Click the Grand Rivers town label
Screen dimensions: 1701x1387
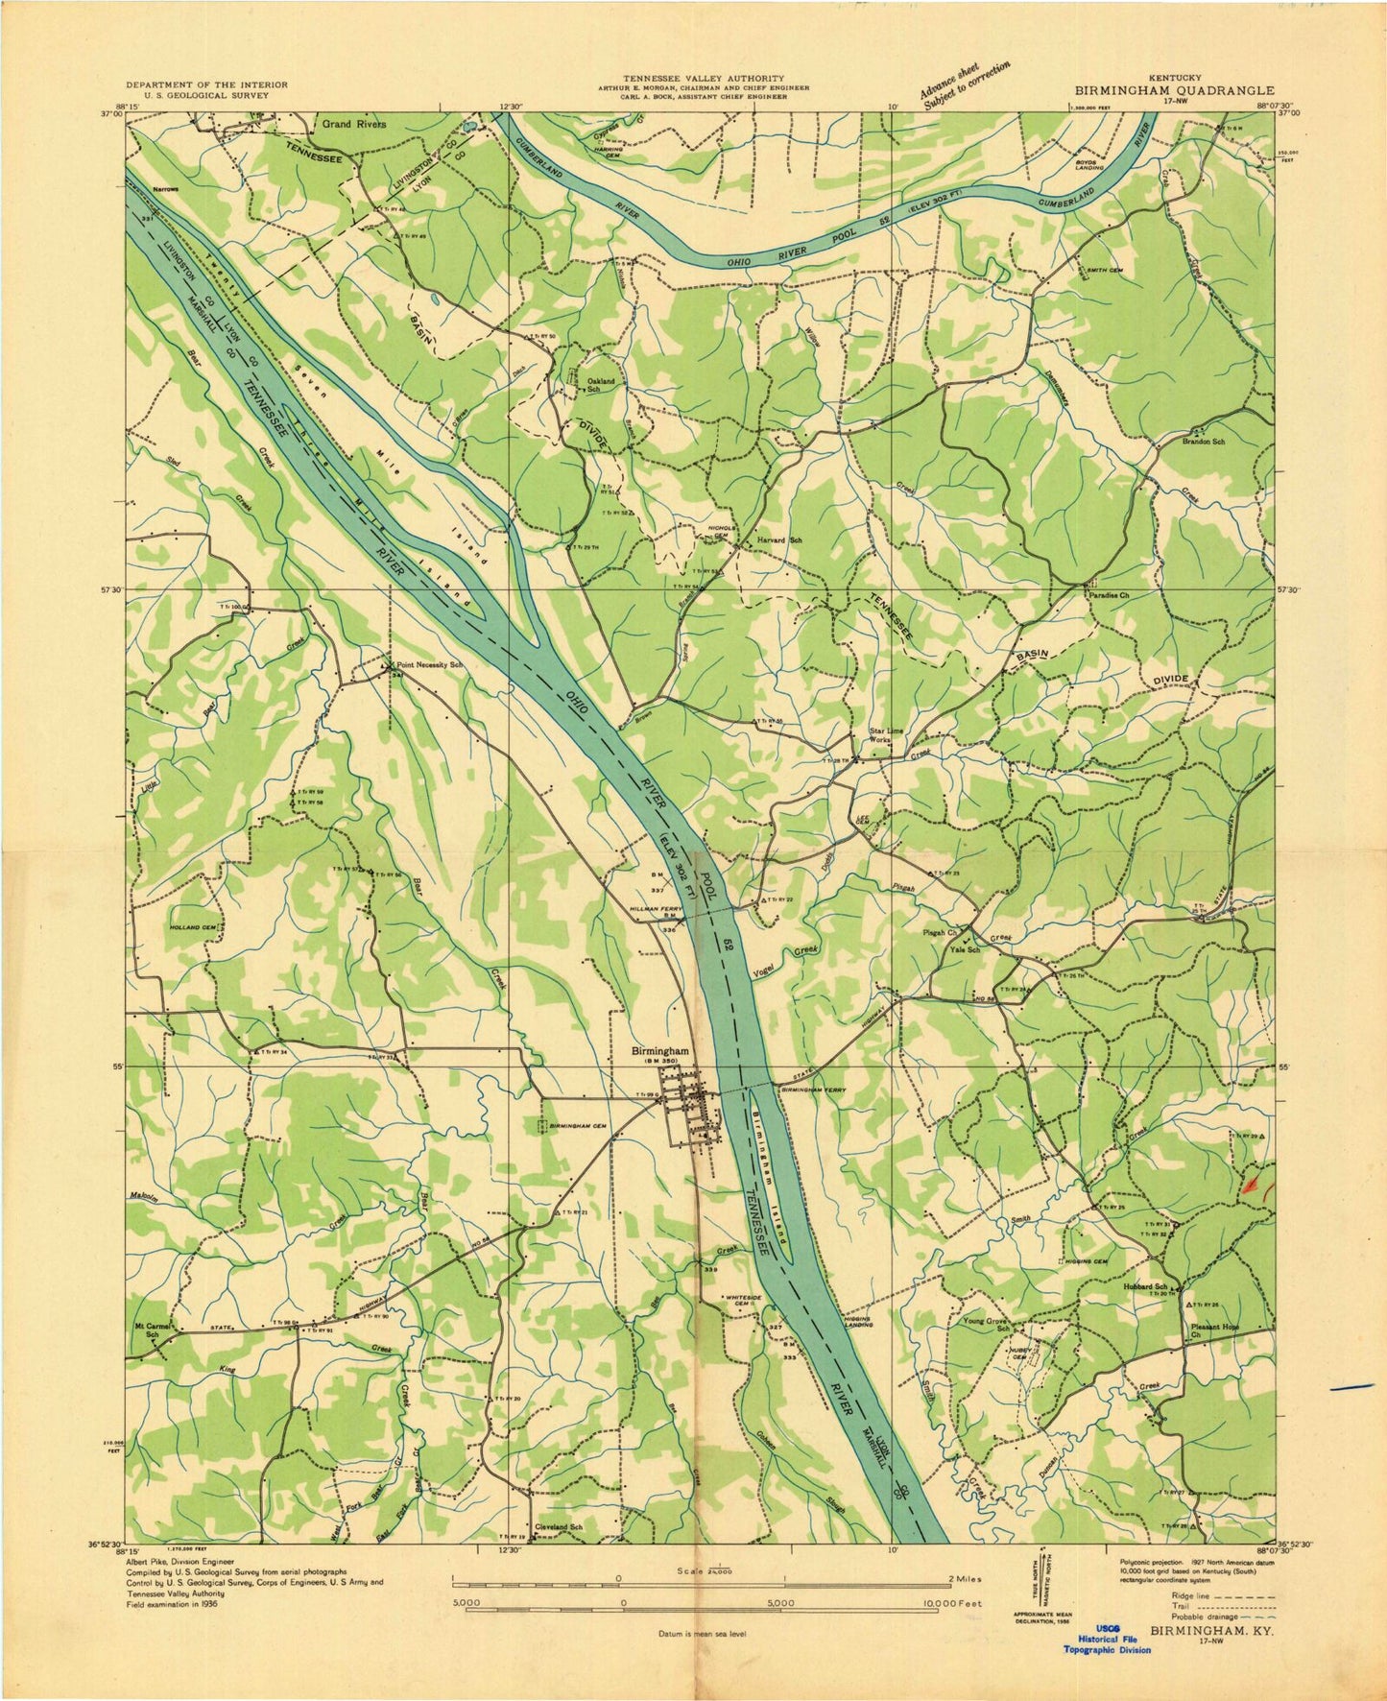pos(353,124)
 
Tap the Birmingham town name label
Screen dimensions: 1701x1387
pos(661,1050)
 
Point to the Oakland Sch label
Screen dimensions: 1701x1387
pos(600,384)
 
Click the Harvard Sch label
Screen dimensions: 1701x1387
pos(778,539)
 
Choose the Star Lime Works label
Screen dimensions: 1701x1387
pos(886,736)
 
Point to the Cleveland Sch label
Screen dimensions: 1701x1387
pos(560,1553)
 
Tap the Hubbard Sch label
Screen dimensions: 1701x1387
pos(1147,1286)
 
